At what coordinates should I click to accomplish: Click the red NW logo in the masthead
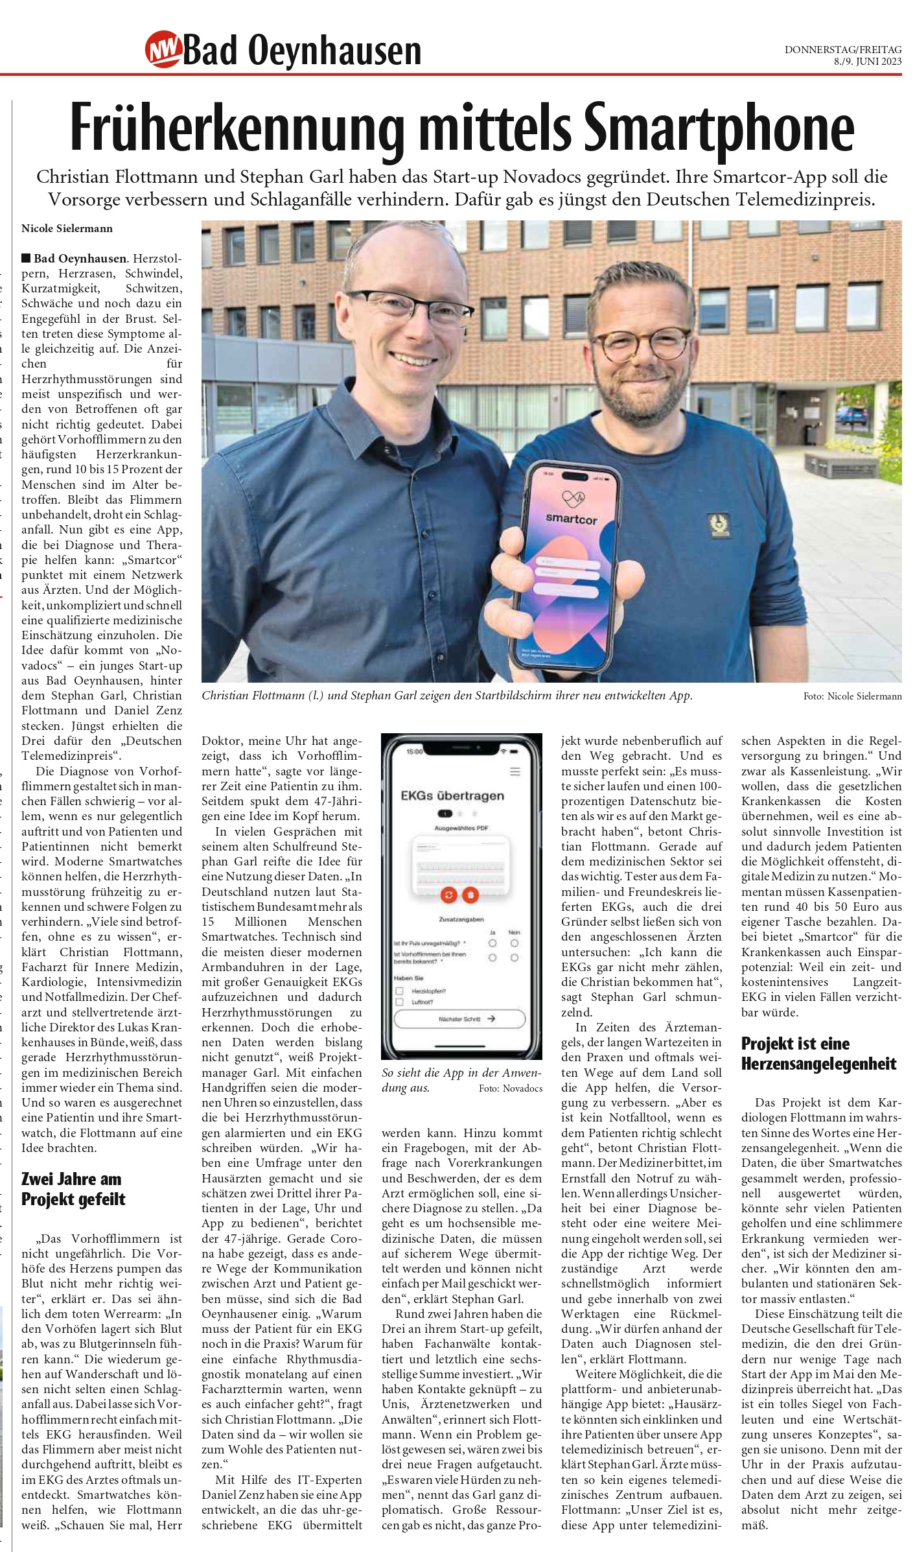163,49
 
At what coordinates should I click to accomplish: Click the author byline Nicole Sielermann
67,228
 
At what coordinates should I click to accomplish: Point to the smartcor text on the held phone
571,519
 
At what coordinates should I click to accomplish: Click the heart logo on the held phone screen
573,499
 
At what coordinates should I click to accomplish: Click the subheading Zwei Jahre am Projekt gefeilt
72,1189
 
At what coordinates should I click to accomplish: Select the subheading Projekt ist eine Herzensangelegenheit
818,1053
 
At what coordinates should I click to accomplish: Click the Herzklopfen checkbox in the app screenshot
400,991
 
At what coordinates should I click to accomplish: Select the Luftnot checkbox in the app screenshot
400,1002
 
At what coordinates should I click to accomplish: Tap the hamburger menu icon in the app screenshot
515,771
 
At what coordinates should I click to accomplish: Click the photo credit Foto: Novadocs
511,1088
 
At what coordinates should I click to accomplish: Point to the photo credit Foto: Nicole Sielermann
852,696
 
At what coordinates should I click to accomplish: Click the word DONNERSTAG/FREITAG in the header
842,49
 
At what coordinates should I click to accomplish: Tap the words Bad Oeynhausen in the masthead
302,51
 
